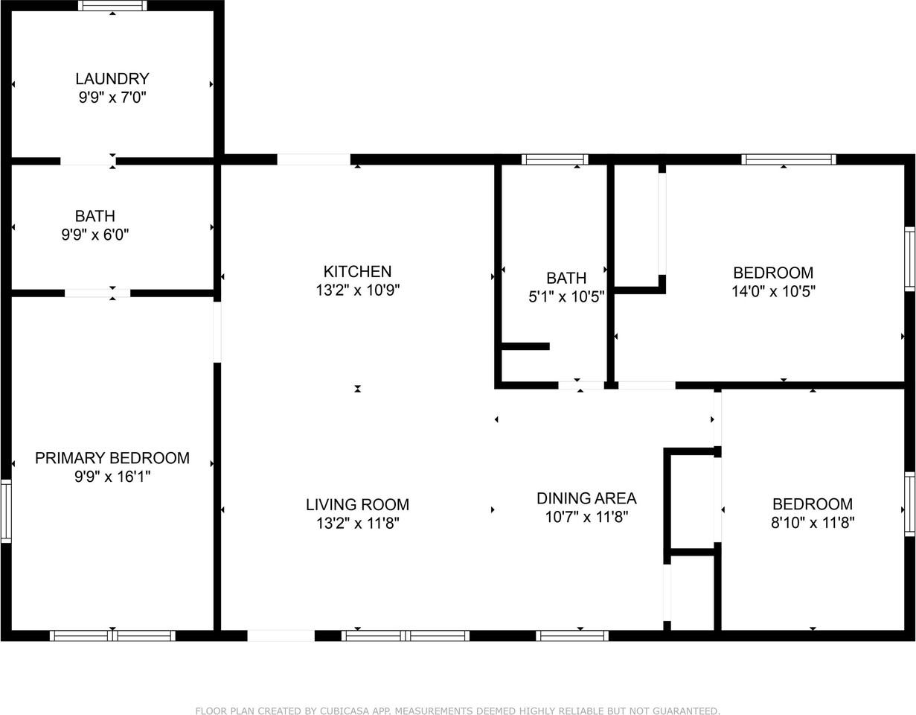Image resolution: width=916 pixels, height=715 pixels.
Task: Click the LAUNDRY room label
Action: click(112, 78)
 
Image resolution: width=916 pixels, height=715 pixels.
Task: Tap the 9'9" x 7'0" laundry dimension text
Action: click(112, 98)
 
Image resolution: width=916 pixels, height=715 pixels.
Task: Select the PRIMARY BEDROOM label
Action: click(112, 458)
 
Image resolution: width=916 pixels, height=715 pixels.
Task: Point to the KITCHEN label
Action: click(357, 271)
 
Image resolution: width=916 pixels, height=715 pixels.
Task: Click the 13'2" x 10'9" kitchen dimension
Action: click(358, 290)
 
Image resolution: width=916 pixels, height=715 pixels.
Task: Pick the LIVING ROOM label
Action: click(357, 504)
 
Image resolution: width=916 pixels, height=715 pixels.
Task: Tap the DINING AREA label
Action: click(586, 498)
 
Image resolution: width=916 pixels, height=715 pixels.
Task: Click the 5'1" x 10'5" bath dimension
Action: click(566, 297)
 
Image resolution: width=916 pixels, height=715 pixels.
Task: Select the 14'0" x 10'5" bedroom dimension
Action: click(773, 291)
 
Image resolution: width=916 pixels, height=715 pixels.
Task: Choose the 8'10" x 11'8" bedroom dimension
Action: click(813, 523)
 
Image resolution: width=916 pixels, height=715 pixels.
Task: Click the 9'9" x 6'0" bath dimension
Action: click(95, 235)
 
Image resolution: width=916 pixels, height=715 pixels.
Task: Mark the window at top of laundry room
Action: click(112, 6)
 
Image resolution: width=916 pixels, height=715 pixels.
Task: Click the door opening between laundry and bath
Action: click(88, 160)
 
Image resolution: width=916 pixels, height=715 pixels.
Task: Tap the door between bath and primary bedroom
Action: click(97, 293)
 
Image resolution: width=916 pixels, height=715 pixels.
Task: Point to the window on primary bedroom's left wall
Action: click(6, 511)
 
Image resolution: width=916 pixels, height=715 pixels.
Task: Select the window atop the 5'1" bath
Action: click(554, 159)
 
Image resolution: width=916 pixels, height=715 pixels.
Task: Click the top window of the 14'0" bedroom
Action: click(789, 159)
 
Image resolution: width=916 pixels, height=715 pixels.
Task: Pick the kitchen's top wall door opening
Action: click(313, 159)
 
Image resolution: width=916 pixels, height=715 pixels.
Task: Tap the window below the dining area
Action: click(572, 636)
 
